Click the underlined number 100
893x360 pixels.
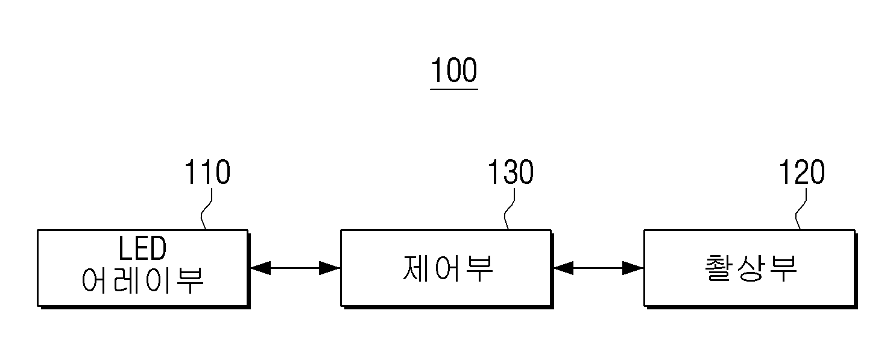tap(454, 70)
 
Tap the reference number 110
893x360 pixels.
tap(207, 172)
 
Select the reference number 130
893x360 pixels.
tap(511, 172)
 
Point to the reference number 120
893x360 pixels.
tap(802, 172)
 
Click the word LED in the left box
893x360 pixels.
tap(142, 248)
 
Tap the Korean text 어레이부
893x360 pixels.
tap(142, 280)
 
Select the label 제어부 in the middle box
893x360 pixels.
tap(448, 268)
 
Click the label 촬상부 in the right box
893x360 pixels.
tap(751, 268)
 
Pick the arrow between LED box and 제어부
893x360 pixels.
tap(295, 268)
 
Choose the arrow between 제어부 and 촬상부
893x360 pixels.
tap(598, 268)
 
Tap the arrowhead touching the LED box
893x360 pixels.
tap(260, 268)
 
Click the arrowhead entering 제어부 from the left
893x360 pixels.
tap(330, 268)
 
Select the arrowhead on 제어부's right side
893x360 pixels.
tap(564, 268)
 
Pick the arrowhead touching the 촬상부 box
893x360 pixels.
tap(633, 268)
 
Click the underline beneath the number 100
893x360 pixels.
tap(454, 89)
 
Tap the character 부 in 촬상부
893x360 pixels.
tap(783, 268)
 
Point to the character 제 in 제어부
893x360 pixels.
tap(416, 268)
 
